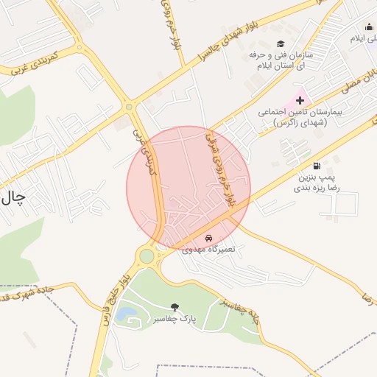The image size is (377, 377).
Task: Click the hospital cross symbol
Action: [x=300, y=99]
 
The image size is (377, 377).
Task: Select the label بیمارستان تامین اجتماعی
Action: [x=292, y=118]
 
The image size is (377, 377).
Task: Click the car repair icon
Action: [x=208, y=239]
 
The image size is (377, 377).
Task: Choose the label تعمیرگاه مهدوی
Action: [x=208, y=250]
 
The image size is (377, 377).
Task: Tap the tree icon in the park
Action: [x=175, y=306]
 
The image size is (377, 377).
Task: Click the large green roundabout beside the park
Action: [x=147, y=256]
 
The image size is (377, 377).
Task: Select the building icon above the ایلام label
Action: [x=371, y=25]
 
